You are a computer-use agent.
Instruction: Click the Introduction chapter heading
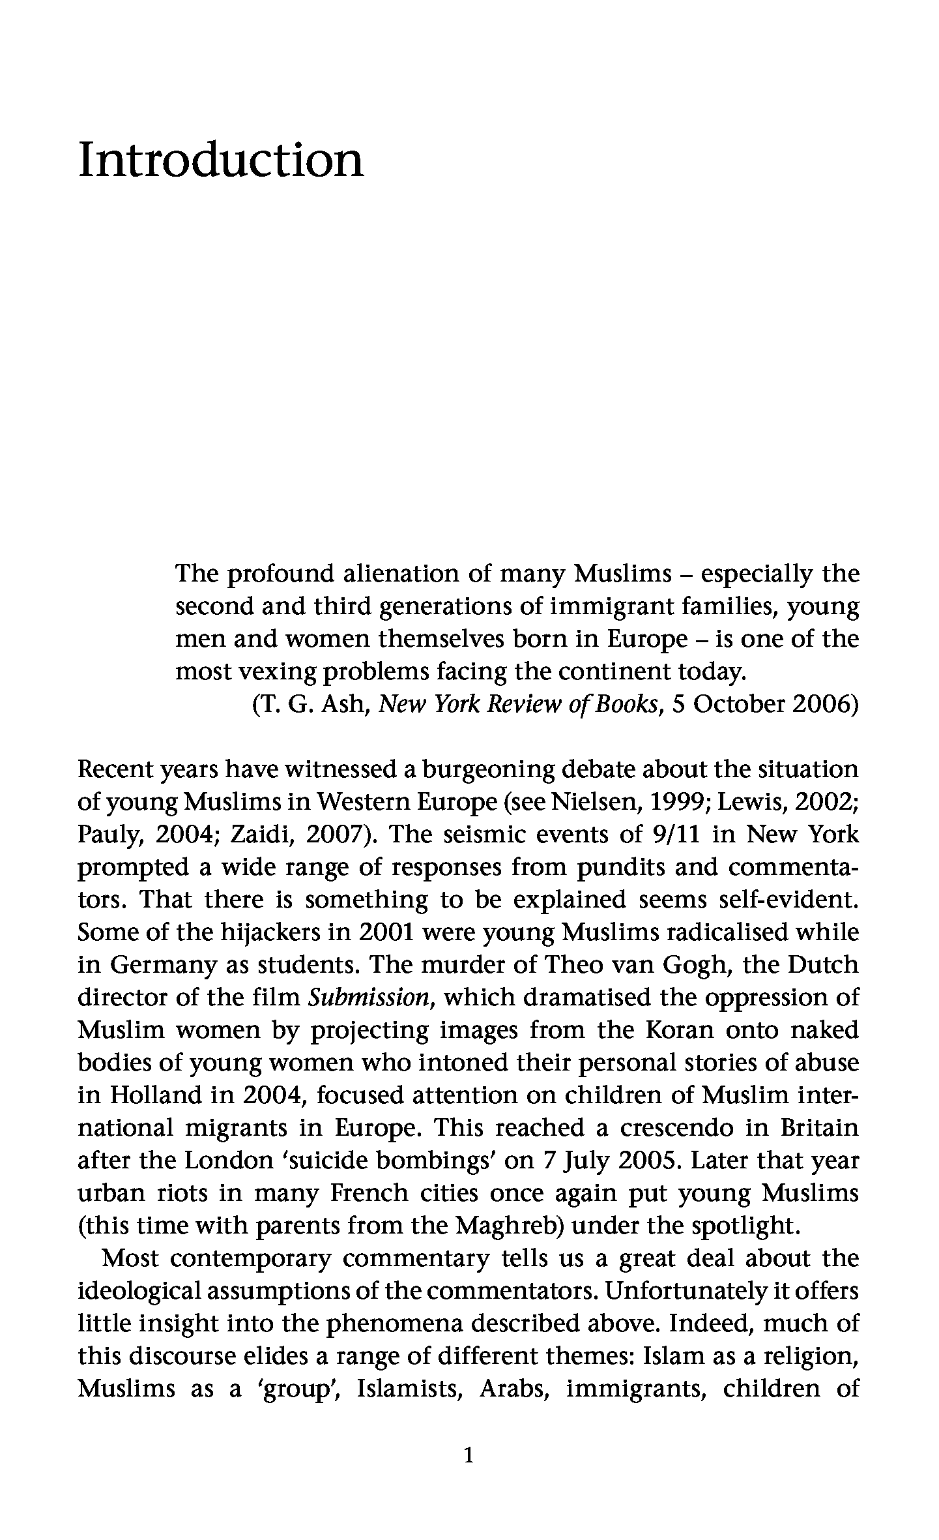[221, 160]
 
